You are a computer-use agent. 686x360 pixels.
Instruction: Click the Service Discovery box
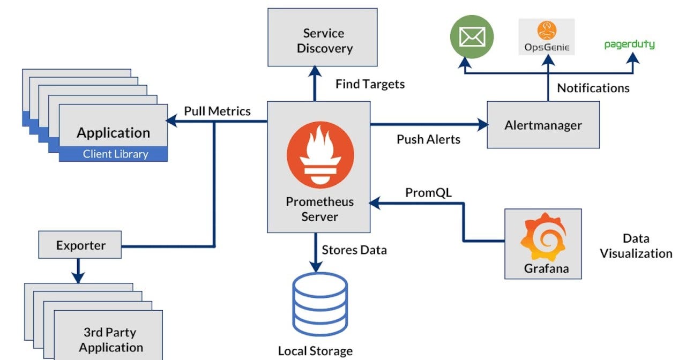click(323, 37)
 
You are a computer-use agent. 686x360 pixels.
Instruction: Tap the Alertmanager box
click(543, 125)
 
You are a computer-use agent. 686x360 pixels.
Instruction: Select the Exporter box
click(80, 245)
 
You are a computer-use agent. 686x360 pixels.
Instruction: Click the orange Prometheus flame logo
click(320, 155)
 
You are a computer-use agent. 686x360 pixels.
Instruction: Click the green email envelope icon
click(472, 37)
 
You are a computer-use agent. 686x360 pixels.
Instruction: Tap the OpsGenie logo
click(547, 37)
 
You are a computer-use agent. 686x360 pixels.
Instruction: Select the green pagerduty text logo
click(630, 44)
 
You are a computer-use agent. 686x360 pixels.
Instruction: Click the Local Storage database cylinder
click(320, 305)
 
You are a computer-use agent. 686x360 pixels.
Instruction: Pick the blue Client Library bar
click(113, 154)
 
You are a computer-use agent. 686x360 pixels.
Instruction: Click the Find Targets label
click(370, 84)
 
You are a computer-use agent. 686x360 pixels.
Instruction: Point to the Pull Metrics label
click(217, 111)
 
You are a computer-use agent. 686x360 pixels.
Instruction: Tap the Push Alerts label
click(428, 139)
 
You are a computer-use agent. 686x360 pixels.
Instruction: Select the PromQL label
click(428, 193)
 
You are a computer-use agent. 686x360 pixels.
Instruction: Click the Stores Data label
click(354, 250)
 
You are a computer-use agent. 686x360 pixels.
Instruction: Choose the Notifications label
click(593, 88)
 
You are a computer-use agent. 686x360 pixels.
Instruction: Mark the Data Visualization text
click(636, 246)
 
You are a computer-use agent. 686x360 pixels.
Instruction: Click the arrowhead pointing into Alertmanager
click(483, 125)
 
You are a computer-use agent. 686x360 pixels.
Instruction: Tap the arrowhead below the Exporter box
click(78, 277)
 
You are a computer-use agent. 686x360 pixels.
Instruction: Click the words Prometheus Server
click(320, 209)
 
